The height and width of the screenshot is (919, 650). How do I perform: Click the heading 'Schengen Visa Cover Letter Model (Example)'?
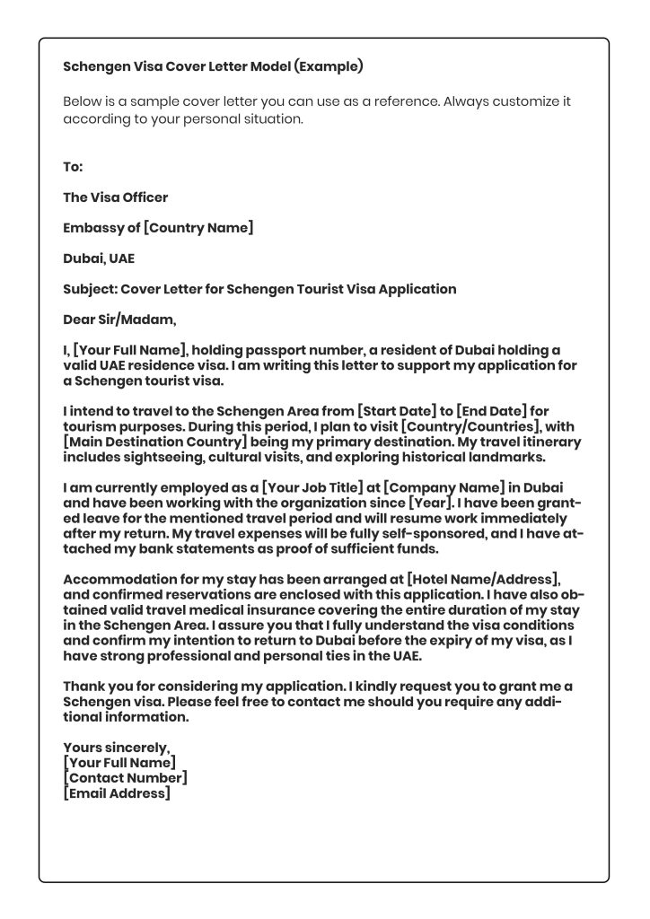[213, 66]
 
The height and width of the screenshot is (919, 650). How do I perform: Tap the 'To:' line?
[73, 167]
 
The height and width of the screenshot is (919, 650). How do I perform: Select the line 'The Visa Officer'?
[115, 197]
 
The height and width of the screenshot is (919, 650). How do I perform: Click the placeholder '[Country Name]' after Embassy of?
[198, 228]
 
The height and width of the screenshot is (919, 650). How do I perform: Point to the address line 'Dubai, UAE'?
[99, 258]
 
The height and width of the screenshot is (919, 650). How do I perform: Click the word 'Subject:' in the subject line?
[90, 289]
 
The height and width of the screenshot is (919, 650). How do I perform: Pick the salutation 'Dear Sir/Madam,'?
[119, 319]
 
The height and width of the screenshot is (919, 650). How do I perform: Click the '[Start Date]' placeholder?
[396, 411]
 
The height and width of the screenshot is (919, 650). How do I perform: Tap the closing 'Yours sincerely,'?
[117, 748]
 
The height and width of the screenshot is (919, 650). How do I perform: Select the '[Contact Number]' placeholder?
[126, 778]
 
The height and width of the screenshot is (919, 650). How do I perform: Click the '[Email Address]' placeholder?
[117, 793]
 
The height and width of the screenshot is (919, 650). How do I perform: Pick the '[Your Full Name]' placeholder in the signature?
[119, 763]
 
